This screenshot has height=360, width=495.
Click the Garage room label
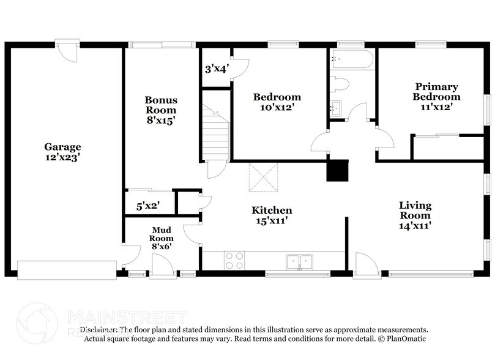pyautogui.click(x=62, y=152)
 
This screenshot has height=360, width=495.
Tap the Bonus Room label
pyautogui.click(x=161, y=110)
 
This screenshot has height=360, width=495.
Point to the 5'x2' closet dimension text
pyautogui.click(x=147, y=206)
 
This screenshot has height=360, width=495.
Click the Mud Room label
pyautogui.click(x=162, y=238)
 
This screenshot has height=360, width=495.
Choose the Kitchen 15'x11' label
pyautogui.click(x=272, y=215)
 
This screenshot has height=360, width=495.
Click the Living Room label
pyautogui.click(x=415, y=215)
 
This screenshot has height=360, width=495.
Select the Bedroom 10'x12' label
pyautogui.click(x=277, y=102)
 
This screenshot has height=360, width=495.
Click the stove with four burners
pyautogui.click(x=234, y=261)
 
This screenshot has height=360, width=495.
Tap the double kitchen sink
pyautogui.click(x=299, y=262)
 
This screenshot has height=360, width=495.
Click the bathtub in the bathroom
pyautogui.click(x=352, y=59)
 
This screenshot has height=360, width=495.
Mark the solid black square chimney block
pyautogui.click(x=337, y=170)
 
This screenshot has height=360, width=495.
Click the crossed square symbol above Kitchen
pyautogui.click(x=263, y=177)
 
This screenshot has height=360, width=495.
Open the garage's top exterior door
pyautogui.click(x=67, y=51)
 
